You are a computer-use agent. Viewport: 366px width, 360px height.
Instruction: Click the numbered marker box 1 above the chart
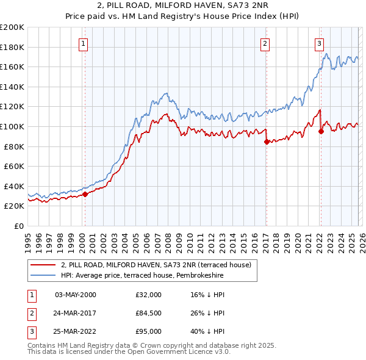pos(83,43)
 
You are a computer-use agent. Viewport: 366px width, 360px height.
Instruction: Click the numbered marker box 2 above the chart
pos(265,43)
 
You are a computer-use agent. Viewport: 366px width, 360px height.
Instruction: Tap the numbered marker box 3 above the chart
pos(319,43)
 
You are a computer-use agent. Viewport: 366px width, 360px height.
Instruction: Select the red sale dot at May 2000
pos(85,194)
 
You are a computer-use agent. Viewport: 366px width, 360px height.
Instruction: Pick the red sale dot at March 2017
pos(267,142)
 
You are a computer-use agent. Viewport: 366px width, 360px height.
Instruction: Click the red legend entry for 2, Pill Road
pos(160,265)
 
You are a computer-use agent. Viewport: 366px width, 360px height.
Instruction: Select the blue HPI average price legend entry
pos(142,276)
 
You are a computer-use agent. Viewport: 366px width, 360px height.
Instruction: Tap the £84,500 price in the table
pos(149,313)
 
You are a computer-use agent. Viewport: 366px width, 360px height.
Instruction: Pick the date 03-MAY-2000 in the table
pos(76,295)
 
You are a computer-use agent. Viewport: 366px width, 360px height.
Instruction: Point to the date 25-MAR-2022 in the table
pos(76,331)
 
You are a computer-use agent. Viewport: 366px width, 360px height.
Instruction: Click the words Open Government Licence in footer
pos(176,352)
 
